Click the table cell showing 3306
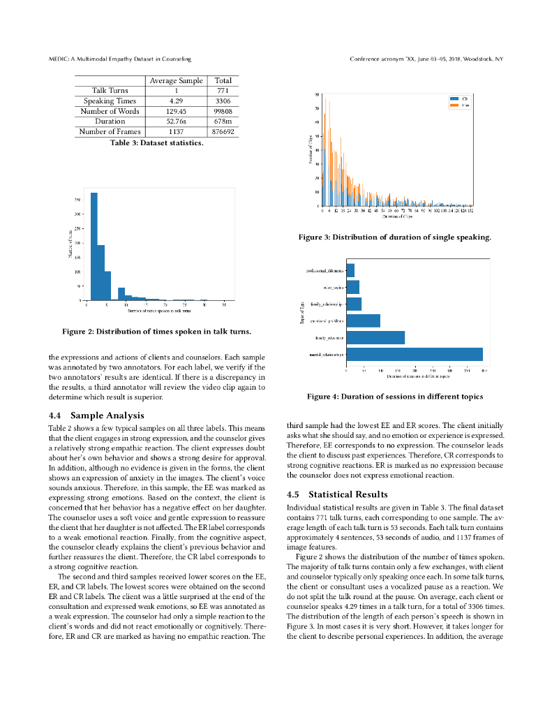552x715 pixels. (x=223, y=101)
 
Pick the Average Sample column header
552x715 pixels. (x=176, y=81)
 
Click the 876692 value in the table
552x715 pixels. (x=223, y=131)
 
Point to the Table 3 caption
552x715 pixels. (x=157, y=143)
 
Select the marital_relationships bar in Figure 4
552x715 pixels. (x=415, y=355)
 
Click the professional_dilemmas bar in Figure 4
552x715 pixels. (x=350, y=270)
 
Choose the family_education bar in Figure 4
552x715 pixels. (x=375, y=337)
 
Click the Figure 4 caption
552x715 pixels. (x=395, y=397)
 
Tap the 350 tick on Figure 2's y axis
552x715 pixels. (x=77, y=200)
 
